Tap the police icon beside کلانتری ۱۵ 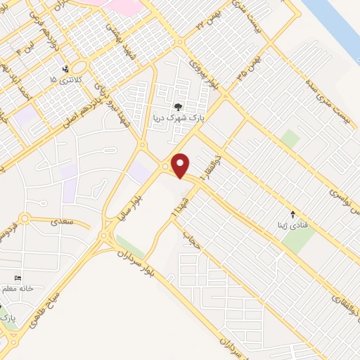tap(65, 69)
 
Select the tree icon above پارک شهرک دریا tap(177, 107)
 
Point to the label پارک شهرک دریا tap(177, 118)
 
